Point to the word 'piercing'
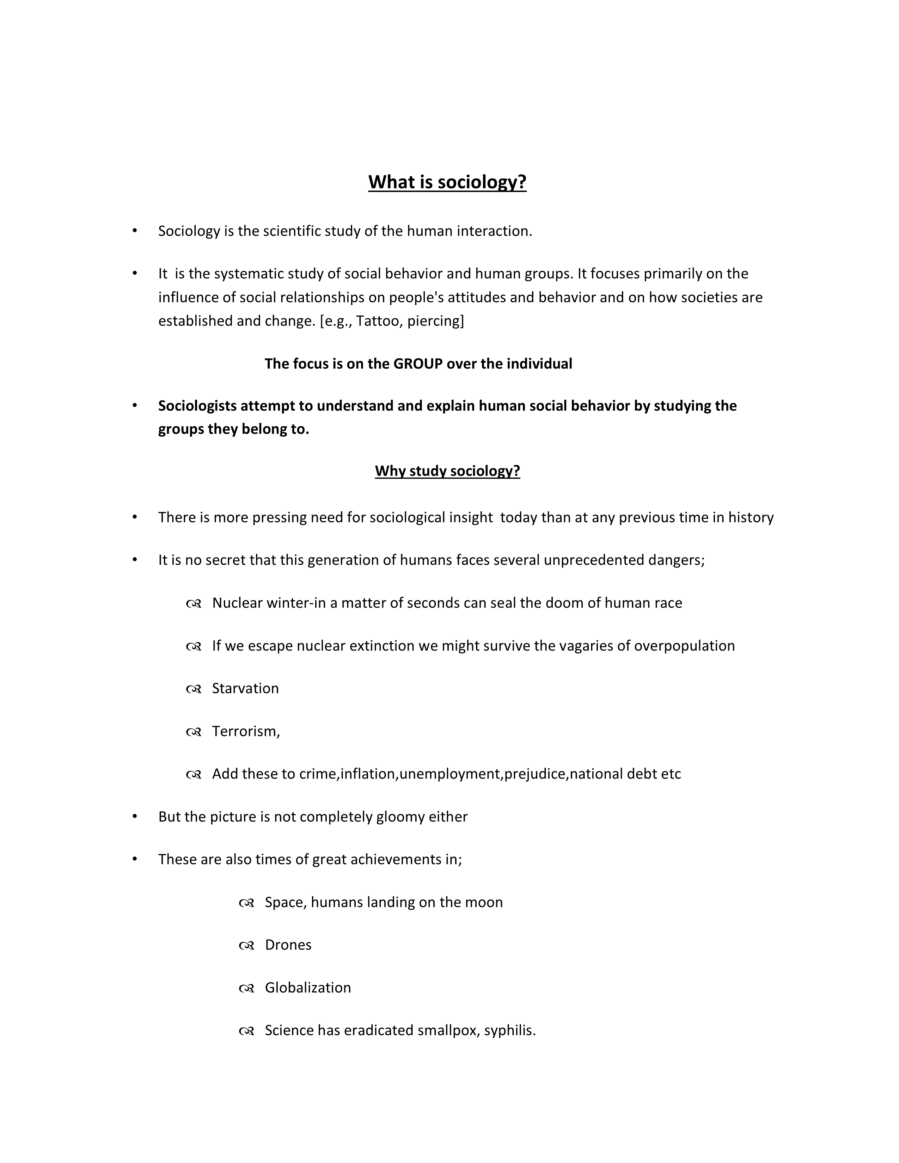434,321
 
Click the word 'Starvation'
245,689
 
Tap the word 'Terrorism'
244,731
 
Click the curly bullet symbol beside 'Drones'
246,946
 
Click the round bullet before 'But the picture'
135,816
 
